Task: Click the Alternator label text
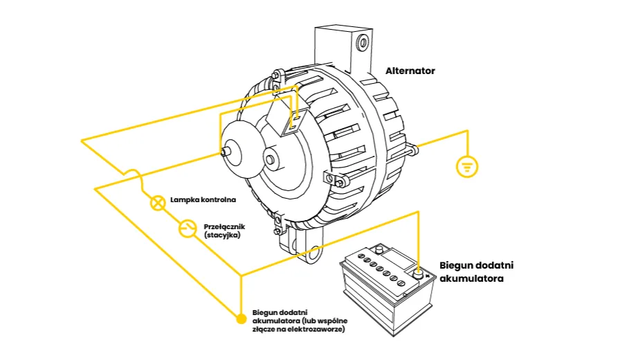pyautogui.click(x=410, y=71)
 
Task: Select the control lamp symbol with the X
pyautogui.click(x=158, y=202)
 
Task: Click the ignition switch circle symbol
pyautogui.click(x=187, y=228)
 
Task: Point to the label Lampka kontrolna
pyautogui.click(x=203, y=200)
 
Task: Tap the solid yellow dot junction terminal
pyautogui.click(x=241, y=319)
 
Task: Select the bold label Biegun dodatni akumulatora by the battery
pyautogui.click(x=477, y=272)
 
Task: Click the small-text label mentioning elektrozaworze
pyautogui.click(x=298, y=320)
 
